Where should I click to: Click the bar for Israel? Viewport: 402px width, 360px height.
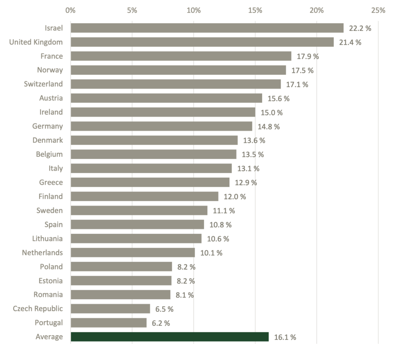[207, 28]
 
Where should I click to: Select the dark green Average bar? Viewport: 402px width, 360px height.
[170, 337]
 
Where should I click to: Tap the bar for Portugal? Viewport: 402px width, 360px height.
[108, 323]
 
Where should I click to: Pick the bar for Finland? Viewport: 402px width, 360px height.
[144, 196]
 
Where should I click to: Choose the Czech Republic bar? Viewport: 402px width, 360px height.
[110, 309]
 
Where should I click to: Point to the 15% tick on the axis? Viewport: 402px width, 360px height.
[255, 10]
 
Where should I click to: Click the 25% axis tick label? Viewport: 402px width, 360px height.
[378, 10]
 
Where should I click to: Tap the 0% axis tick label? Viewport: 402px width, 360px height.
[71, 10]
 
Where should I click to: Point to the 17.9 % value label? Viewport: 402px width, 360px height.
[308, 56]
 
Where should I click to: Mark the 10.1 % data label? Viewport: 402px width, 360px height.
[211, 253]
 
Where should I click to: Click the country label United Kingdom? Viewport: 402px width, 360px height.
[36, 42]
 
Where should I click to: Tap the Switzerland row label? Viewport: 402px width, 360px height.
[43, 84]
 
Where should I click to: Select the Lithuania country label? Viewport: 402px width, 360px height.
[48, 238]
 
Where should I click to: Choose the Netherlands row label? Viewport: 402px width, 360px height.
[42, 253]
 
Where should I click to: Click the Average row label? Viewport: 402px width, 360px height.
[49, 337]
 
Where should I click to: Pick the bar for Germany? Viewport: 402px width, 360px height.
[161, 126]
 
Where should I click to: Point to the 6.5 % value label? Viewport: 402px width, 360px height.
[164, 309]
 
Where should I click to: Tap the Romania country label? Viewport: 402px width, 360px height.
[48, 295]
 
